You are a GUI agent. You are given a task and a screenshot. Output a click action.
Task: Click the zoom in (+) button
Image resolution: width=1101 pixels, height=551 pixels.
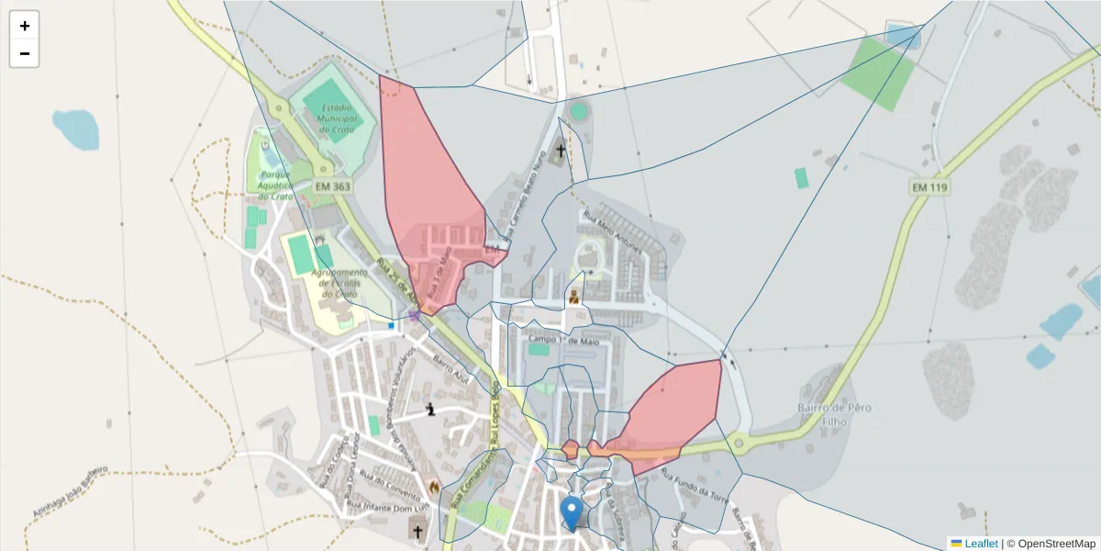(x=25, y=26)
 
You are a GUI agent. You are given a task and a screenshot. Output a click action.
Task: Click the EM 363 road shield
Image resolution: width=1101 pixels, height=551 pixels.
(x=333, y=186)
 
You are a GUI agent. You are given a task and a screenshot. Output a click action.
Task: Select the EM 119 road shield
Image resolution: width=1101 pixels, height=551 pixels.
(x=929, y=187)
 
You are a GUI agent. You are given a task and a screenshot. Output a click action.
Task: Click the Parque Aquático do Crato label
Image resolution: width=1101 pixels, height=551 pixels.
(x=275, y=185)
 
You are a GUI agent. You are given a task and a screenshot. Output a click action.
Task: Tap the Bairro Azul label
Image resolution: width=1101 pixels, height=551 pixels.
(x=450, y=370)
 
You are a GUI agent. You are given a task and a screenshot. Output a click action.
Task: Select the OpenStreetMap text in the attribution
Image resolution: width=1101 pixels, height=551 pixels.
(x=1056, y=544)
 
